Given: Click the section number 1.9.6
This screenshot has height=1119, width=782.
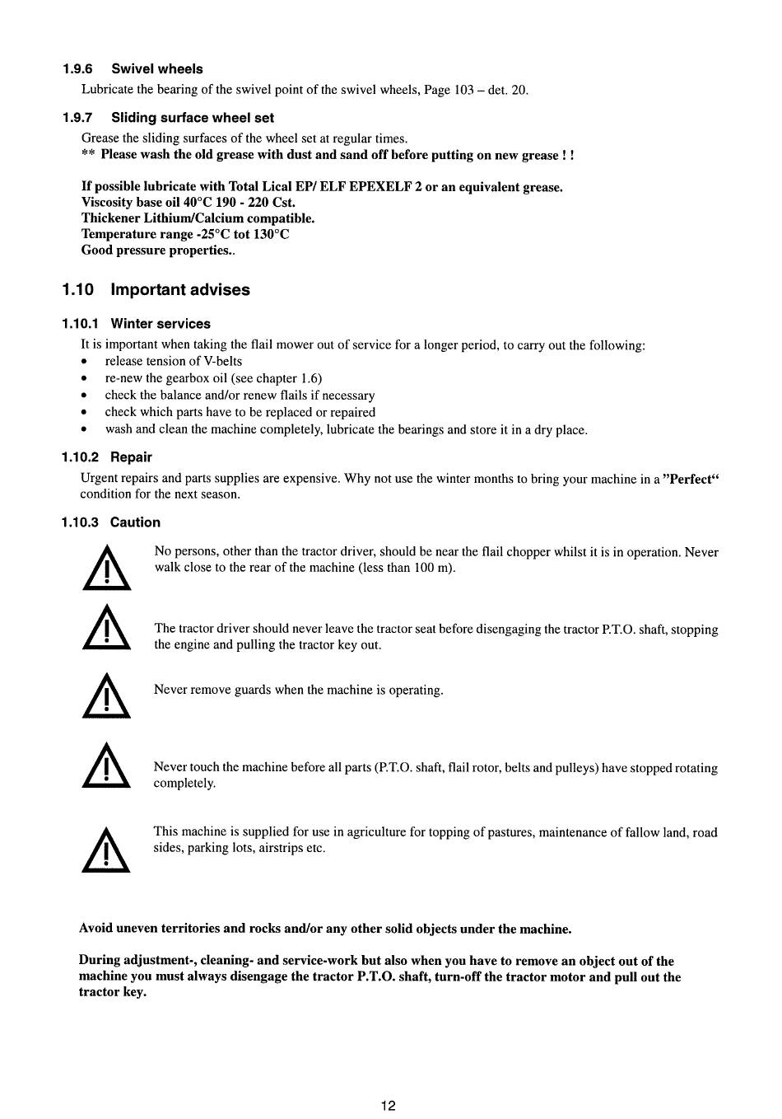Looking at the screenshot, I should [x=76, y=69].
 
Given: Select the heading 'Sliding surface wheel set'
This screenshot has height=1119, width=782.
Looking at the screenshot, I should [x=193, y=118].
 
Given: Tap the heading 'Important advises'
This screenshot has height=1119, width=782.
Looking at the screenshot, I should [x=180, y=290].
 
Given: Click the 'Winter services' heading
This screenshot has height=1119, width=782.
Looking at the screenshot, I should [x=161, y=324].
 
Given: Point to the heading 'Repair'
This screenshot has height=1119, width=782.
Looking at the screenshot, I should [x=131, y=457].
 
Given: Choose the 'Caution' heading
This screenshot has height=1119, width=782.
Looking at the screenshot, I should [x=135, y=522].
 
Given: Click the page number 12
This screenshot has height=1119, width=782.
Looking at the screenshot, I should [x=389, y=1106].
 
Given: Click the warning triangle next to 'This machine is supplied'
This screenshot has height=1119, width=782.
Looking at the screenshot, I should [x=106, y=850].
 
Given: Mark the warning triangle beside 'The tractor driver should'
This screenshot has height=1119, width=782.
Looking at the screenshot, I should [x=106, y=629].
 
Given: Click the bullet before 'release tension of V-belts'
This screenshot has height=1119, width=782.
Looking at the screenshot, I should [x=84, y=362].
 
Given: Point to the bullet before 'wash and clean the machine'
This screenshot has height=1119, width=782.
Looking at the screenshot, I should [x=84, y=430].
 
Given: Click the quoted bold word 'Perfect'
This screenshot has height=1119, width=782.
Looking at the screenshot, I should [x=691, y=480].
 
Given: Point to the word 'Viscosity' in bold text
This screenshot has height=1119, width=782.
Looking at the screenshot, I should [x=109, y=203].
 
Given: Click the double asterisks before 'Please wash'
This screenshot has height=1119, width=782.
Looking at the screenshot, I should [x=88, y=155].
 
